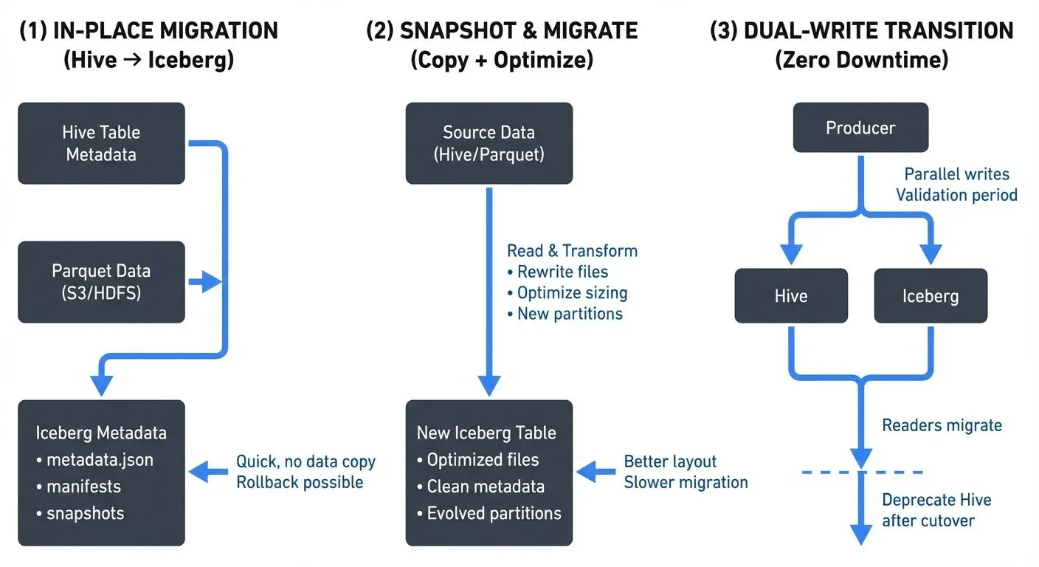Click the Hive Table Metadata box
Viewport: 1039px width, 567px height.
tap(101, 143)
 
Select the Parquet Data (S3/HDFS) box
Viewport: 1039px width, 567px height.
tap(101, 281)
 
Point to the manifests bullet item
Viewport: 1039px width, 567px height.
tap(83, 487)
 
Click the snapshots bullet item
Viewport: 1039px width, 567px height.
tap(85, 513)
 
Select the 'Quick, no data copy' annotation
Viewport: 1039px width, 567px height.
tap(306, 461)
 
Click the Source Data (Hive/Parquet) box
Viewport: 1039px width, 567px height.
tap(489, 143)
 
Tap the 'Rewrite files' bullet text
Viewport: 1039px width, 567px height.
tap(562, 272)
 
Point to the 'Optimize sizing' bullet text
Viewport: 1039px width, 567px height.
tap(572, 292)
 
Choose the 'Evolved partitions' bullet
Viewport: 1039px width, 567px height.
tap(494, 513)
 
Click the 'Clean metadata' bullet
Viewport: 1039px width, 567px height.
tap(486, 487)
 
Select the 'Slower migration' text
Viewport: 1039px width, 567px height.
tap(686, 482)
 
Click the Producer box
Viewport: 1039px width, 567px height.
tap(860, 128)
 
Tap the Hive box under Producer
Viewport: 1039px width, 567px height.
tap(790, 296)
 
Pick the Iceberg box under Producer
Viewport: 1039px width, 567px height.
tap(930, 296)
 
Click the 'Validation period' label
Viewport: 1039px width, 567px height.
tap(956, 195)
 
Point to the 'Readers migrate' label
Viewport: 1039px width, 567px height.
tap(942, 425)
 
